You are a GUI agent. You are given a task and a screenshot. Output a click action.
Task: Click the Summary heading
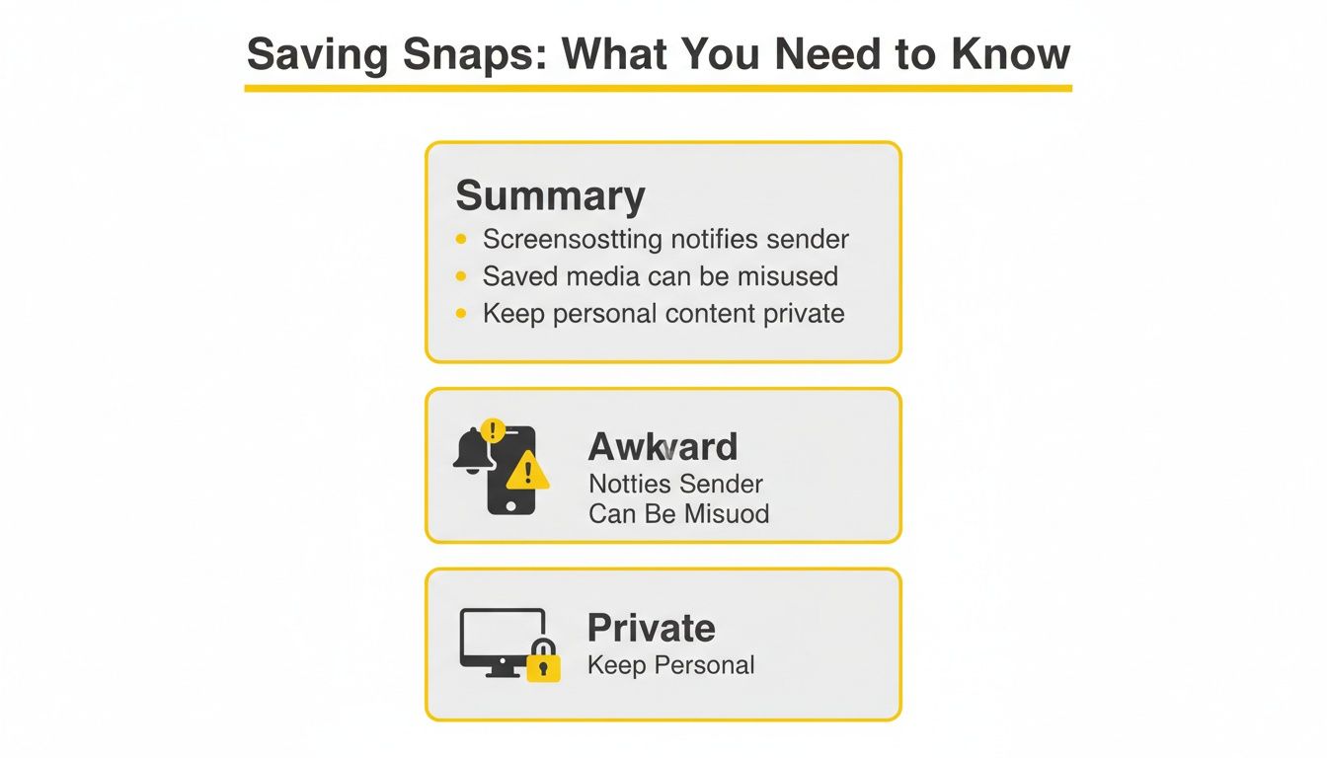point(550,195)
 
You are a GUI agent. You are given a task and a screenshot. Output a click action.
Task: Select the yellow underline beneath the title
point(658,89)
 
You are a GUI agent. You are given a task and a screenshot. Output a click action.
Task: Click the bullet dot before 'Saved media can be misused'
point(461,276)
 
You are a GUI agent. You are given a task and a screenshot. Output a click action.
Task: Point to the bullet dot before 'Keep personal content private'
point(461,314)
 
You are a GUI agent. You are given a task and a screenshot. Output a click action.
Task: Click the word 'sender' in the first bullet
point(806,239)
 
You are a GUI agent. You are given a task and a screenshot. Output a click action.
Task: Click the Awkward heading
point(663,447)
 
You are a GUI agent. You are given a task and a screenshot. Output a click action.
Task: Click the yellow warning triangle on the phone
point(528,471)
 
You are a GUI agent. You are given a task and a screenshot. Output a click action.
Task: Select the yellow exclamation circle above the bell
point(492,430)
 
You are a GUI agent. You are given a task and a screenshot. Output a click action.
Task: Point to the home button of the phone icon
point(510,504)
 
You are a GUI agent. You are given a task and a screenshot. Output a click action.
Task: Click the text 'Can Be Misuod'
point(678,514)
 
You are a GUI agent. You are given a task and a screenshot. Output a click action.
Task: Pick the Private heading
point(651,628)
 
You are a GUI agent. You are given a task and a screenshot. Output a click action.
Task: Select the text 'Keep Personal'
point(670,665)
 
